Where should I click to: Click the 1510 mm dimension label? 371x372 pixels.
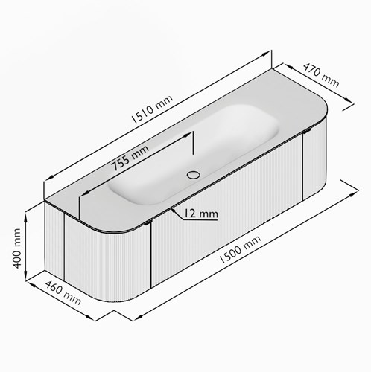click(152, 109)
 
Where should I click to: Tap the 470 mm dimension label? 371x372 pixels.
click(321, 75)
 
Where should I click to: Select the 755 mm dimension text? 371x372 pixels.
click(130, 158)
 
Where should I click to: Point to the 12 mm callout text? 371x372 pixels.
click(201, 214)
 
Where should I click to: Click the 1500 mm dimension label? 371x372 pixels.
click(241, 249)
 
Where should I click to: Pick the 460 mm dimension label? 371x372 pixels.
click(63, 293)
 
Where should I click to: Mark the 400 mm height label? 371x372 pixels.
click(17, 248)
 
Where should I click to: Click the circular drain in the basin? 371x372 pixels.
click(193, 175)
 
